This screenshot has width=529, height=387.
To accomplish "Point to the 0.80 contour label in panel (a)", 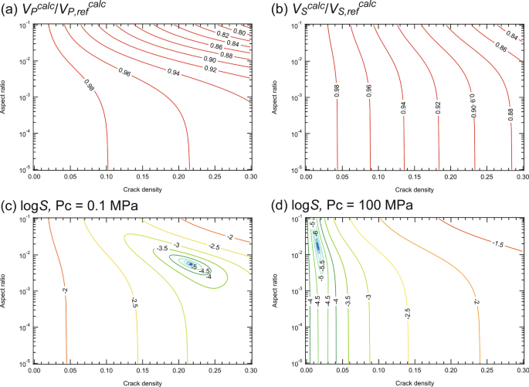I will [239, 33].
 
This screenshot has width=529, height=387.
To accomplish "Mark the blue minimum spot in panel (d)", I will [317, 246].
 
